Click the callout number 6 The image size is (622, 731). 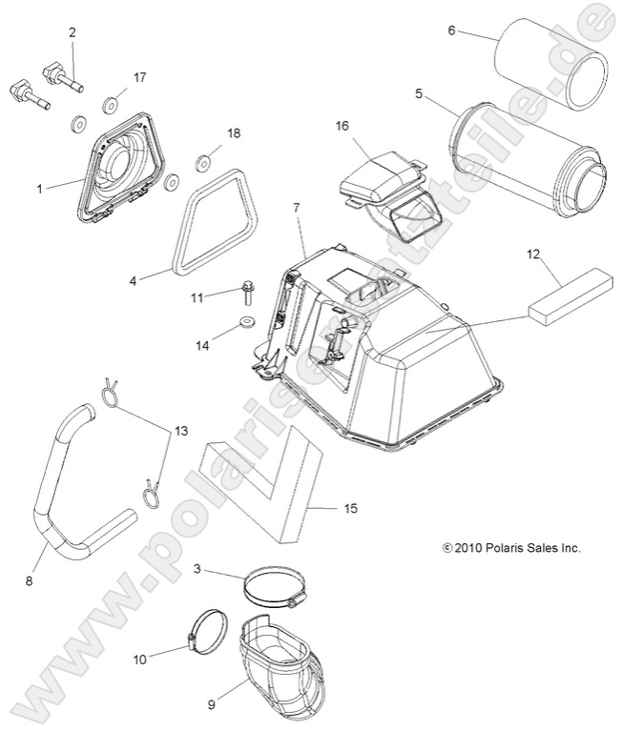coord(451,30)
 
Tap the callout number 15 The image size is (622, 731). coord(350,509)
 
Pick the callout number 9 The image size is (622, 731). coord(212,706)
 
